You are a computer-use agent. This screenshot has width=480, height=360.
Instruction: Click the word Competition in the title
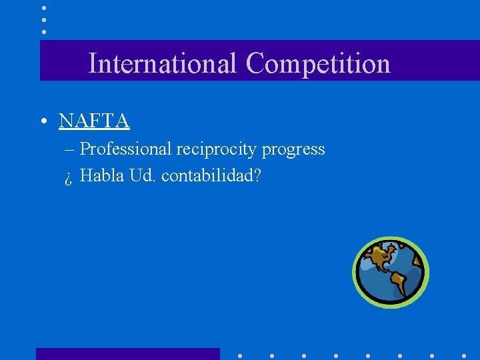[317, 64]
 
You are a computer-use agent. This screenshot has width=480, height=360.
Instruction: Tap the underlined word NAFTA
[94, 121]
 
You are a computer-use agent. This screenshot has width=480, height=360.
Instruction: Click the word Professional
[126, 149]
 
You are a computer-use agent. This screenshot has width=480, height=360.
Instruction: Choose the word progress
[293, 149]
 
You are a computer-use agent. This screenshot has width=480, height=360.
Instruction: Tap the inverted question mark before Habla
[69, 177]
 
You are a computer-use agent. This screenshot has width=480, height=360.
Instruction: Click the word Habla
[99, 176]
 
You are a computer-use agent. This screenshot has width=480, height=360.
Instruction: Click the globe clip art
[390, 272]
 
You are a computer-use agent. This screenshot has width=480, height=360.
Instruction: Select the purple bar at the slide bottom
[127, 353]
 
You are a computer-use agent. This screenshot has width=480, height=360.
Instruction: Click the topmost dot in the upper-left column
[43, 8]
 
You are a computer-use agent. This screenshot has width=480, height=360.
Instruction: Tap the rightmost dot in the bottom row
[464, 356]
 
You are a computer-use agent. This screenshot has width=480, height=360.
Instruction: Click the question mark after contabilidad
[257, 176]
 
